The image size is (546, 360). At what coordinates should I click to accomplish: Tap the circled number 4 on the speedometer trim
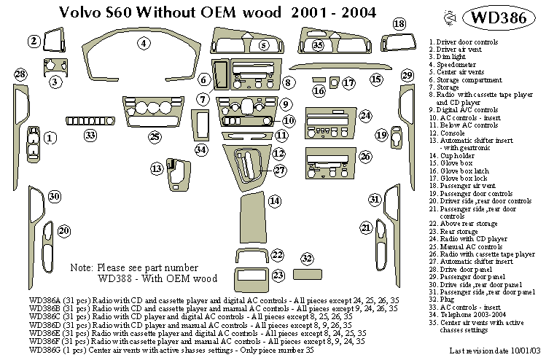pos(144,44)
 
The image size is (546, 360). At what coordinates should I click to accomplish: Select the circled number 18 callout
pos(399,24)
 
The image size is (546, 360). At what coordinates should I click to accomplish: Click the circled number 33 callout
pos(90,135)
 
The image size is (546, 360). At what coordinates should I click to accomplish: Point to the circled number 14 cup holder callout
pos(274,200)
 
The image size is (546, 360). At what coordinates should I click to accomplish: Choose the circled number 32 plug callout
pos(307,259)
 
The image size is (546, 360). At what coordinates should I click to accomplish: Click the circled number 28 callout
pos(20,74)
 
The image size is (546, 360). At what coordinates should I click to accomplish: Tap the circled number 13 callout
pos(157,169)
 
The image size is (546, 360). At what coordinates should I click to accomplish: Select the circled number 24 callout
pos(365,116)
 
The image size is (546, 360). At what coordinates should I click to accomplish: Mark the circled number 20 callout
pos(64,231)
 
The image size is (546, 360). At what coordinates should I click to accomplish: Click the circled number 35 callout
pos(317,46)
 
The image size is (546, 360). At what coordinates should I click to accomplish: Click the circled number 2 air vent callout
pos(34,42)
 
